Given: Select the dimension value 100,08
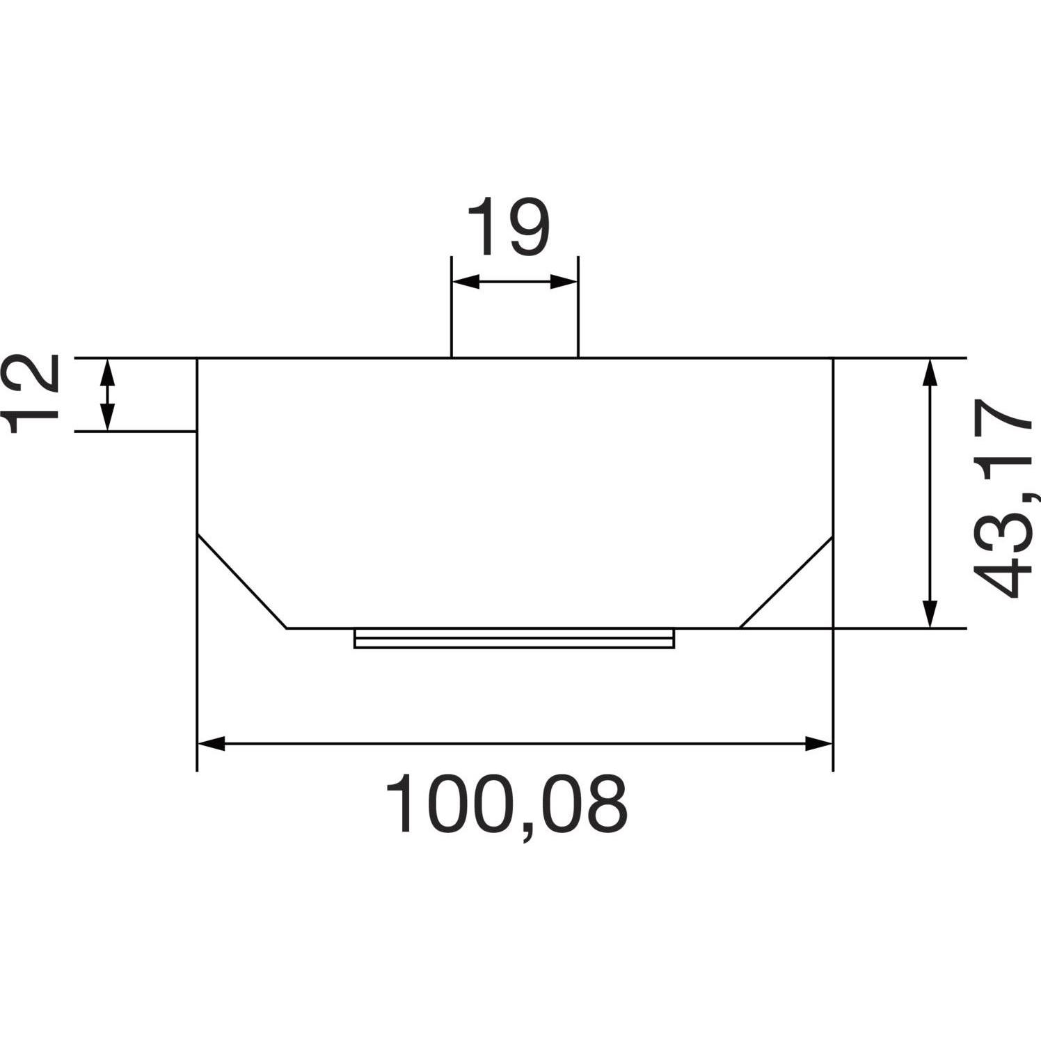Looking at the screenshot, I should point(507,806).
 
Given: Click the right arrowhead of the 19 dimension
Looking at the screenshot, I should point(564,282).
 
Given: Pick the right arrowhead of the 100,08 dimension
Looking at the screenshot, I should point(818,743).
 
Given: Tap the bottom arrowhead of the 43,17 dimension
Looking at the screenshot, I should point(930,614).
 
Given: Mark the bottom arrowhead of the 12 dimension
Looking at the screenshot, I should point(106,418).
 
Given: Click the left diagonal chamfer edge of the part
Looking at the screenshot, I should point(242,581).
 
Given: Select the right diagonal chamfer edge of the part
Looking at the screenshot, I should point(786,582).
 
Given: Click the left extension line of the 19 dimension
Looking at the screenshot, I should point(452,306).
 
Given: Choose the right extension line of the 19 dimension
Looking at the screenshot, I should point(578,306).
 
